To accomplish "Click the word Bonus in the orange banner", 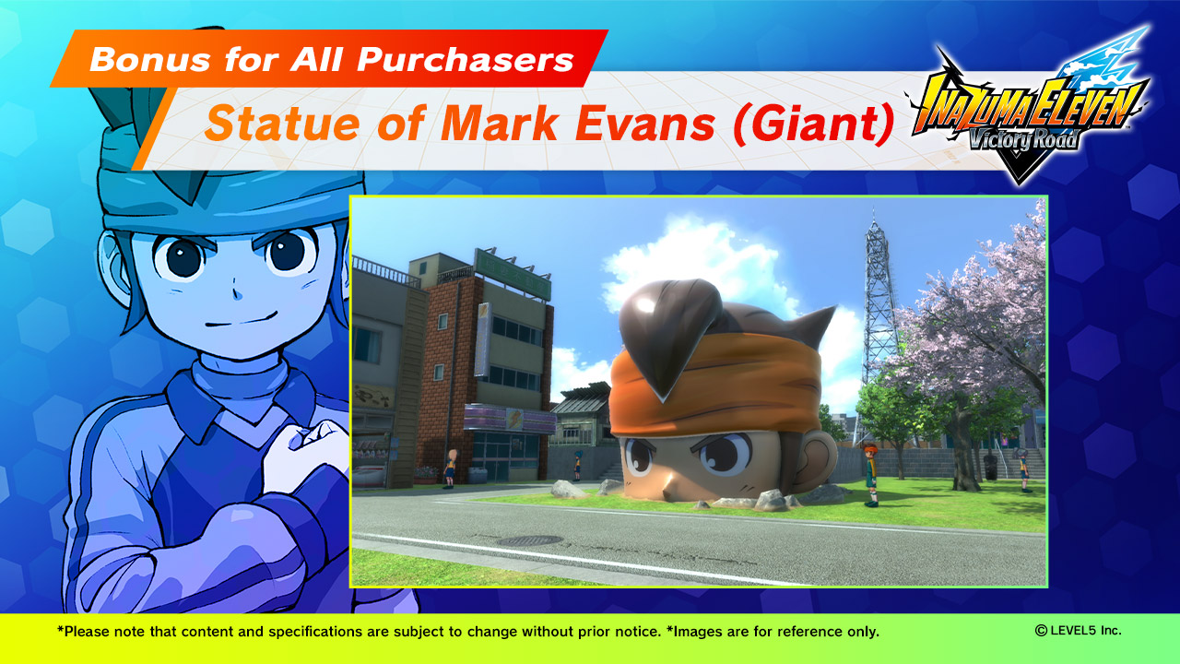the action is click(x=150, y=59).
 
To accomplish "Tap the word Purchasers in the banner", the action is click(x=466, y=59).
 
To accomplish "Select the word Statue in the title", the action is click(x=283, y=124).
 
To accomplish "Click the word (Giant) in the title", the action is click(x=814, y=125).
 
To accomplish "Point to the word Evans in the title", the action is click(x=644, y=124).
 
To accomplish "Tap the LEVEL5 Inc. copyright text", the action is click(x=1078, y=630).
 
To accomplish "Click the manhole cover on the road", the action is click(x=530, y=540).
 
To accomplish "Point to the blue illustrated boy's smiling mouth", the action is click(x=242, y=319).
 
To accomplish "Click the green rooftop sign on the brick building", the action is click(x=513, y=274).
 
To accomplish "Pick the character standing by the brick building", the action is click(x=450, y=468).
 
